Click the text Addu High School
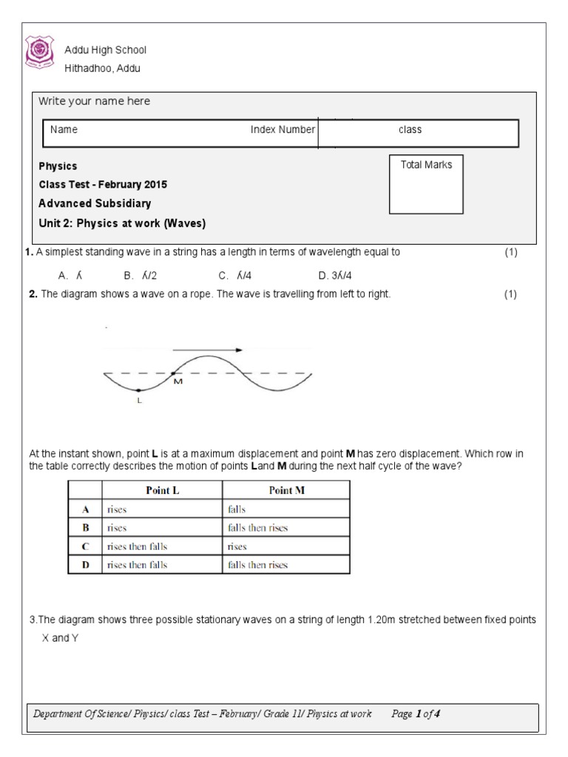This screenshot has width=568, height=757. click(x=106, y=50)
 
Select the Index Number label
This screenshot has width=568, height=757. click(x=283, y=129)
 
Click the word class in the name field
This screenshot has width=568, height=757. click(x=410, y=129)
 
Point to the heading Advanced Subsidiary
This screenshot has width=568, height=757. click(x=95, y=203)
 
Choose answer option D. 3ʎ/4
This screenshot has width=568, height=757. click(x=334, y=275)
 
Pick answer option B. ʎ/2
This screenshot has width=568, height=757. click(x=139, y=275)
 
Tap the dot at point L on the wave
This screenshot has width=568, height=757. click(x=138, y=390)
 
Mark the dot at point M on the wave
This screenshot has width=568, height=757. click(x=172, y=373)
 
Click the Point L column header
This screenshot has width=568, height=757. click(x=160, y=490)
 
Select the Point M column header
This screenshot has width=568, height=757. click(x=285, y=490)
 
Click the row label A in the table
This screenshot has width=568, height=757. click(x=84, y=509)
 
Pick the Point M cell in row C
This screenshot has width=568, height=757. click(x=285, y=547)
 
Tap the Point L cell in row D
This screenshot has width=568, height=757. click(x=160, y=566)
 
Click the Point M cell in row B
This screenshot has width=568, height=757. click(x=285, y=528)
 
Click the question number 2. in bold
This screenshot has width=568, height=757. click(x=33, y=294)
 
